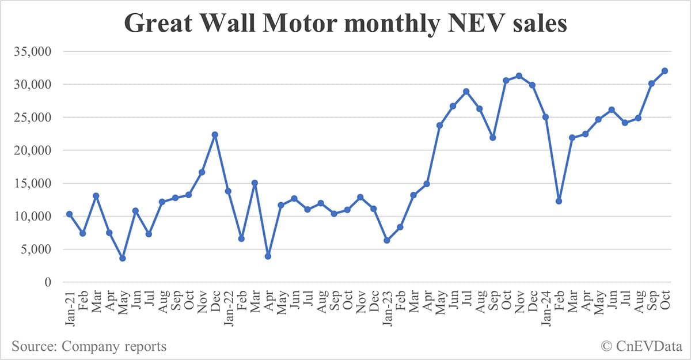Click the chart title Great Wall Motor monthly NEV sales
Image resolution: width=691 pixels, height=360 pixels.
(x=345, y=24)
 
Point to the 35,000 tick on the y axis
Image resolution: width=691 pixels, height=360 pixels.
(x=32, y=52)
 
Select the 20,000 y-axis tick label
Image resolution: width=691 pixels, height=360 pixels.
(x=32, y=150)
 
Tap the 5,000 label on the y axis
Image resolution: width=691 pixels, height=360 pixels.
(x=36, y=249)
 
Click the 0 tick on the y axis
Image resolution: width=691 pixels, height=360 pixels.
(x=48, y=282)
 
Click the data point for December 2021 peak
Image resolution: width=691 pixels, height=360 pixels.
(x=215, y=135)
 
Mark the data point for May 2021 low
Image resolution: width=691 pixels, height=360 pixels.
(x=123, y=258)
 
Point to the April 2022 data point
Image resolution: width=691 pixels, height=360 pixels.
(x=268, y=256)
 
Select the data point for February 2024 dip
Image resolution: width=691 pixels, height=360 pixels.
(x=559, y=201)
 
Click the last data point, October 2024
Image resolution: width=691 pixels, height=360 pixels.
(x=665, y=71)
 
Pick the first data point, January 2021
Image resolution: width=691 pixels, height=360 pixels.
(x=70, y=214)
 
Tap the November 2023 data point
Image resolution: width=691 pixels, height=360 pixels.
(x=519, y=76)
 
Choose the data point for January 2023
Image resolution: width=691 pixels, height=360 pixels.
(x=387, y=240)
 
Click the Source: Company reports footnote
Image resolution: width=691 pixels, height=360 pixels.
(x=89, y=346)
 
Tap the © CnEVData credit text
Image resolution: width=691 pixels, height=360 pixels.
(x=640, y=346)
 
